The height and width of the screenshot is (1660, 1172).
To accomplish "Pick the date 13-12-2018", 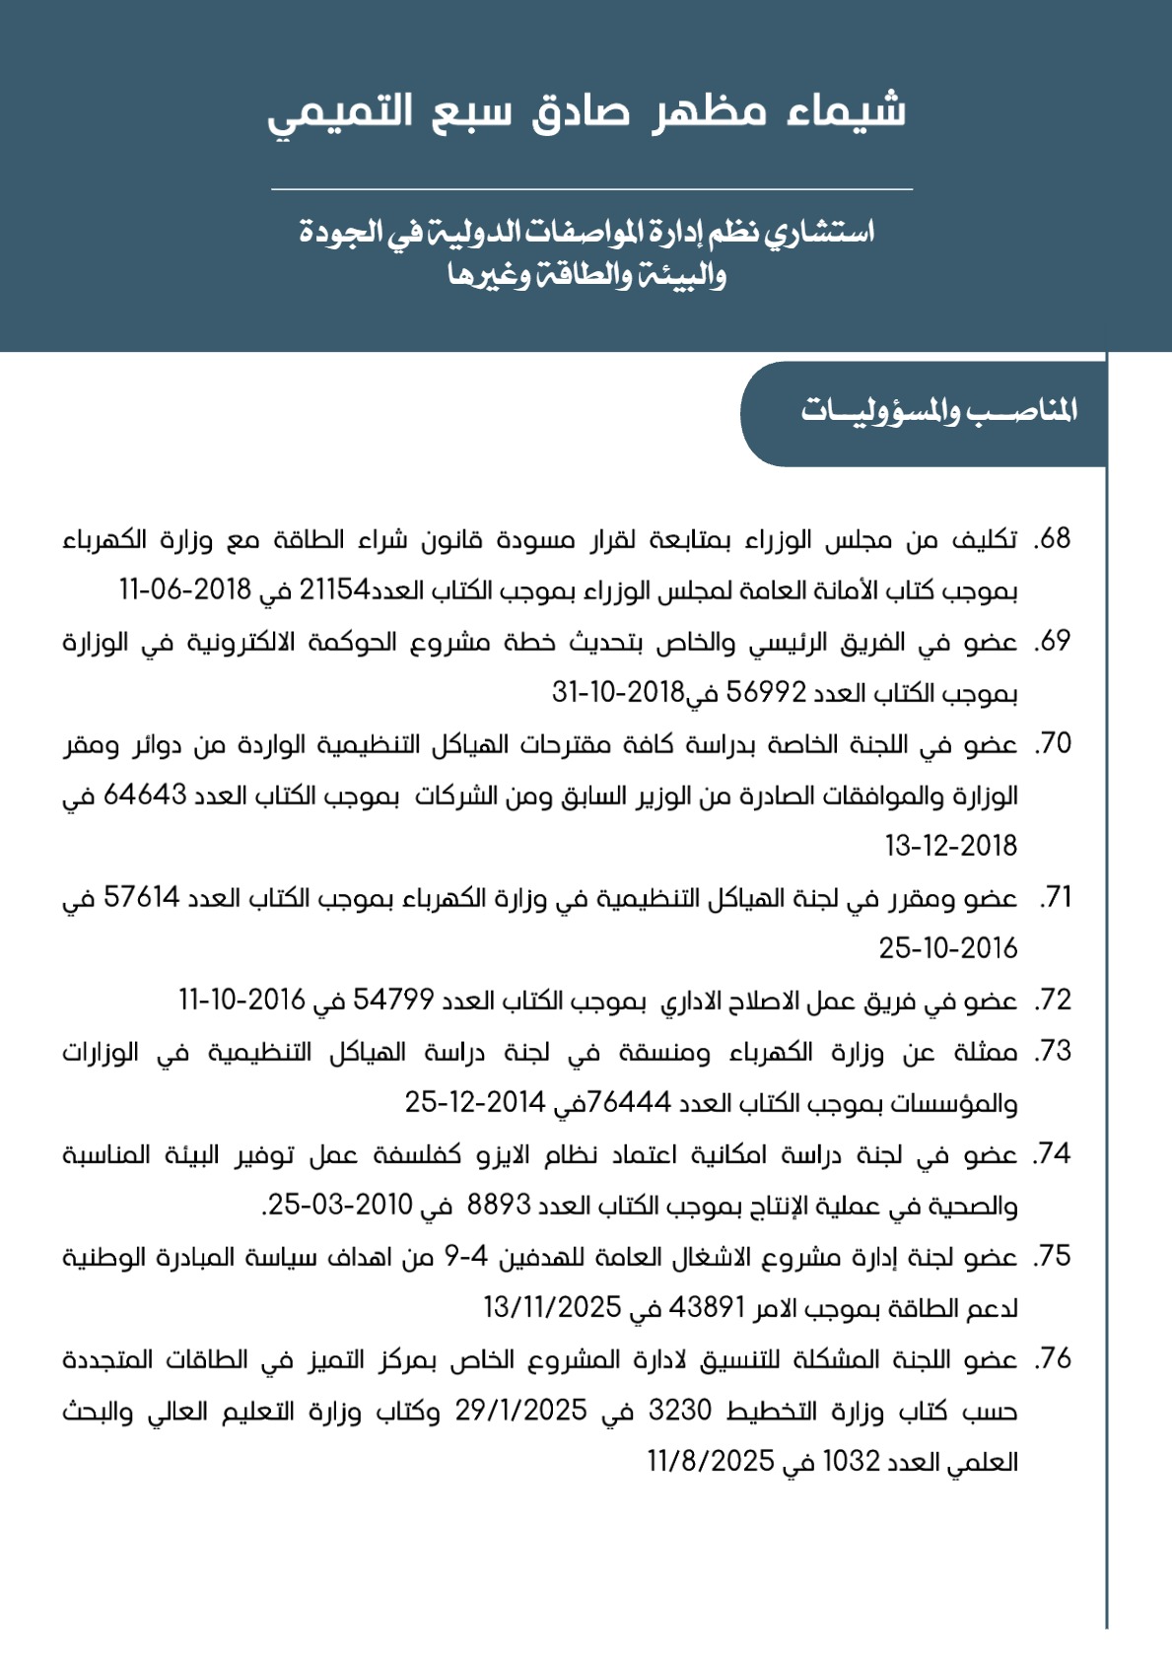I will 951,847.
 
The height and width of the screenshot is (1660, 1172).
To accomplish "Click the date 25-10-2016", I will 948,949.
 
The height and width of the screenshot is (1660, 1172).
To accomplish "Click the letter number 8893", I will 499,1206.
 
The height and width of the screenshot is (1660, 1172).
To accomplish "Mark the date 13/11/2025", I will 552,1308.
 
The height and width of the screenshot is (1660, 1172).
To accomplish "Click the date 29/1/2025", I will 520,1411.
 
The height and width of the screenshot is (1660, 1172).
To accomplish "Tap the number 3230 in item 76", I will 680,1411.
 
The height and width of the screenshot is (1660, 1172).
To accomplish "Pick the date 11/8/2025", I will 711,1462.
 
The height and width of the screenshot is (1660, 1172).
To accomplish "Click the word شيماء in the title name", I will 847,111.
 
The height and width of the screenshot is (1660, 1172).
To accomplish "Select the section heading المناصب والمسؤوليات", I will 938,411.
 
